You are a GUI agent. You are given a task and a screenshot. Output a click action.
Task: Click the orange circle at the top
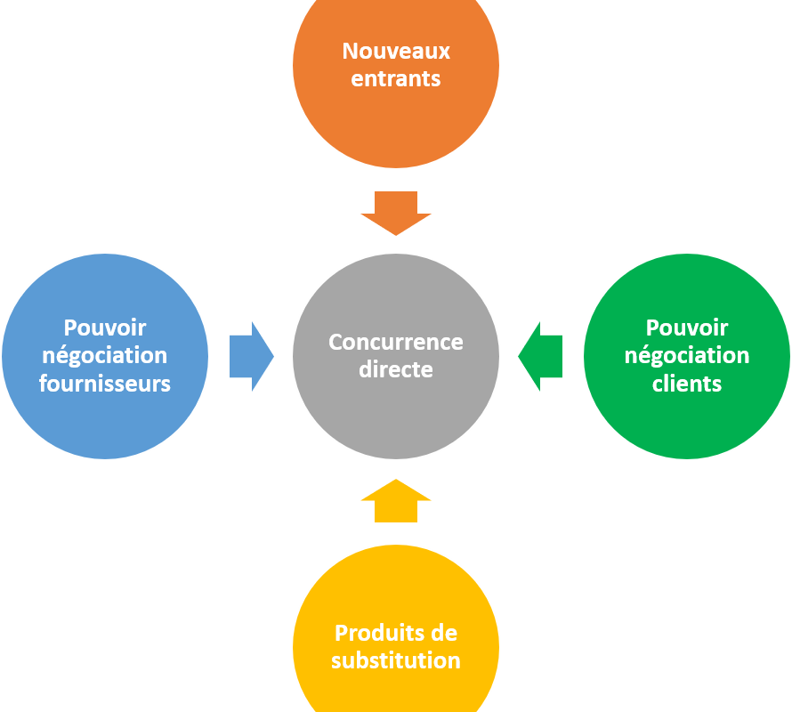(396, 116)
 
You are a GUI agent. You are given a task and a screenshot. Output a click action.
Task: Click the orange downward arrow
(396, 212)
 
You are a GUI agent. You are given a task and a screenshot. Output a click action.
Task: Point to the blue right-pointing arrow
(250, 356)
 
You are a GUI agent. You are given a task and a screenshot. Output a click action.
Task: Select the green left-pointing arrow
(541, 356)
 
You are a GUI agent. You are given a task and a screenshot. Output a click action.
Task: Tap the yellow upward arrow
(396, 500)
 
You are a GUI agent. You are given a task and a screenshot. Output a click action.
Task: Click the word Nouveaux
(396, 51)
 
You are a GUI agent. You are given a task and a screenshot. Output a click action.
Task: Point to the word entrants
(396, 78)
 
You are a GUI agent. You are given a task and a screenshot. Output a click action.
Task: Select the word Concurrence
(396, 342)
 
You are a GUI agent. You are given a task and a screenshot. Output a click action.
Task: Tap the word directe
(396, 369)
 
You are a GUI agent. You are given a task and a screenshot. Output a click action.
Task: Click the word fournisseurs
(105, 384)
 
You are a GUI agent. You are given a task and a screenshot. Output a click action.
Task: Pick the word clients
(686, 384)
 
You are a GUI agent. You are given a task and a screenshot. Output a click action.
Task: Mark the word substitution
(396, 660)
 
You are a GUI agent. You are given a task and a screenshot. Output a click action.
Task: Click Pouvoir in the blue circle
(105, 328)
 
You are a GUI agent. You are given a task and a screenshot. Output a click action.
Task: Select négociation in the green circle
(686, 356)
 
